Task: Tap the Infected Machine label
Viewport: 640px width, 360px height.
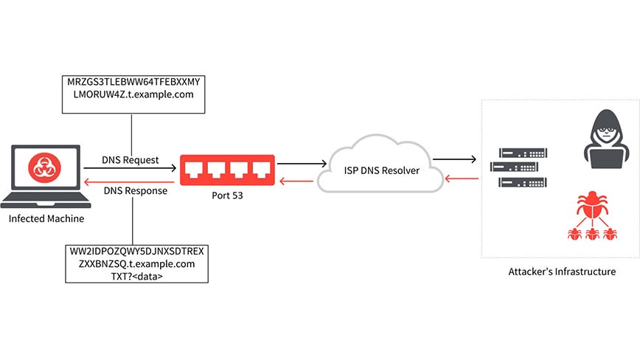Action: click(46, 219)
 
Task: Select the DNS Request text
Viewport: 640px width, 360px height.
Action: click(131, 160)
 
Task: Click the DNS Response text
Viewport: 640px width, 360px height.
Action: click(134, 190)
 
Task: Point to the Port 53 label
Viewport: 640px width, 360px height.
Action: click(227, 196)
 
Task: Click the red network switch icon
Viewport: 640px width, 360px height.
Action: click(228, 170)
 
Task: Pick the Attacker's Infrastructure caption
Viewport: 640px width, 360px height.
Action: click(561, 271)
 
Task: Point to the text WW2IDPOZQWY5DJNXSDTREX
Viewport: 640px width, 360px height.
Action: click(134, 252)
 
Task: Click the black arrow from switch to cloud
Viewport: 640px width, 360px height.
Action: click(301, 162)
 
